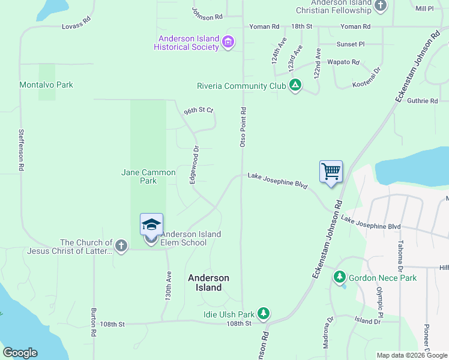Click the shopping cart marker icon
331,172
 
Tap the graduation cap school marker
151,225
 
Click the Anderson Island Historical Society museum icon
228,42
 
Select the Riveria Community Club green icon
295,86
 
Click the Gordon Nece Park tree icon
340,277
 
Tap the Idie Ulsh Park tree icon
263,314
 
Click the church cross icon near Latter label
121,246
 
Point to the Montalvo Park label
46,85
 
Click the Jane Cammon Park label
148,176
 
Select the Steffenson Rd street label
21,151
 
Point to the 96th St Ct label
199,111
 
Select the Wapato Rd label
343,62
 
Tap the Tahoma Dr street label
400,254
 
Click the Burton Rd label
94,322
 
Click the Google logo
20,353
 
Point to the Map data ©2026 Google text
411,355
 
